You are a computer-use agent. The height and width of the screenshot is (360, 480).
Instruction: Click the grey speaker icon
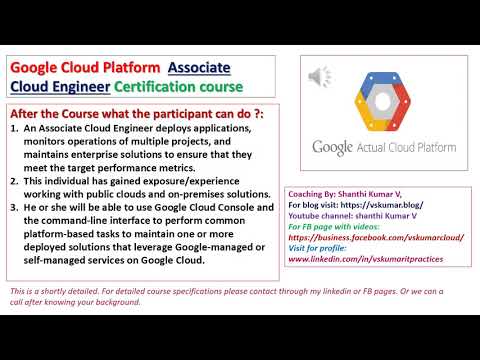coord(319,76)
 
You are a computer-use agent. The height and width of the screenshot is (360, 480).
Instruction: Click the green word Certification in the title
coord(191,87)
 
